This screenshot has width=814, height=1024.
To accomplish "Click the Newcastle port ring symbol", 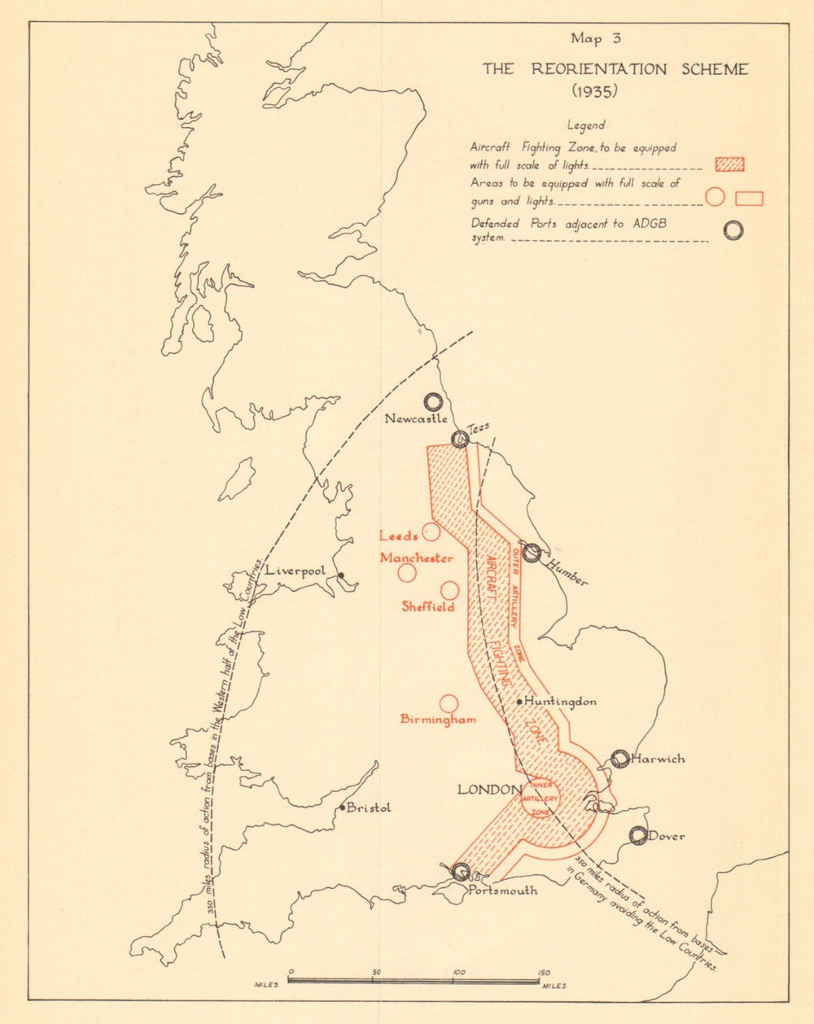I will (433, 401).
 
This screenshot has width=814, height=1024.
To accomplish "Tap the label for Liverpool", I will (295, 571).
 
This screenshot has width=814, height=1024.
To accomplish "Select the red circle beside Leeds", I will (431, 532).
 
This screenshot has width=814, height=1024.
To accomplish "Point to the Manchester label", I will (416, 558).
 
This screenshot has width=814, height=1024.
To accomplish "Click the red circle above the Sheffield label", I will (449, 590).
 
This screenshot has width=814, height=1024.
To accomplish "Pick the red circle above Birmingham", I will (449, 703).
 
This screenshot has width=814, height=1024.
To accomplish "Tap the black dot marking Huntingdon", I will (519, 702).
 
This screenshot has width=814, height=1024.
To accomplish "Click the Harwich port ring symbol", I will (620, 759).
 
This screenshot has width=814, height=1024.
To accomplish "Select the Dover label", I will (667, 836).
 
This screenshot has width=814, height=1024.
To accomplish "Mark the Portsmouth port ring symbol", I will (461, 872).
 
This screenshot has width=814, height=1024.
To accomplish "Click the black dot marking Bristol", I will (342, 807).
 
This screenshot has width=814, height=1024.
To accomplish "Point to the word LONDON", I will (488, 790).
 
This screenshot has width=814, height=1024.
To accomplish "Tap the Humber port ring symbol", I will (532, 553).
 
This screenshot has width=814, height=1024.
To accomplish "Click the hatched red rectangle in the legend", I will (729, 164).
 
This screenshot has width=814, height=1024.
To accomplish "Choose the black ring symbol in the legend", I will (733, 230).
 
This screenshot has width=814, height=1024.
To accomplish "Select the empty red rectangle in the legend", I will (749, 198).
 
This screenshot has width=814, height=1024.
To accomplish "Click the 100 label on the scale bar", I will (459, 972).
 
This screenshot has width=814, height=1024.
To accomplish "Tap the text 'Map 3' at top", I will (595, 38).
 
